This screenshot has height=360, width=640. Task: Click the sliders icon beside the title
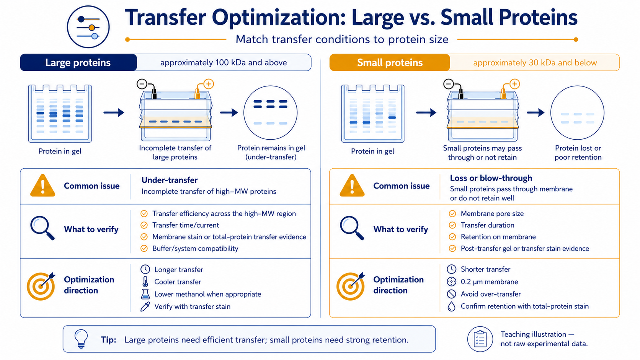(x=88, y=27)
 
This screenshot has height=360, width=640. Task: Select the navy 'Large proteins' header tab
(x=78, y=62)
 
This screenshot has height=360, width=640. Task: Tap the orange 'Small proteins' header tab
(x=389, y=62)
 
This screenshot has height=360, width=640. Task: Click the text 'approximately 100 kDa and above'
(x=224, y=62)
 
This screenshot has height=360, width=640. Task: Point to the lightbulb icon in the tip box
(x=81, y=339)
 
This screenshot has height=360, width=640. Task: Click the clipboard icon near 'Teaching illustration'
(x=480, y=339)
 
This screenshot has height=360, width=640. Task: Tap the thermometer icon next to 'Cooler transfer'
(x=145, y=282)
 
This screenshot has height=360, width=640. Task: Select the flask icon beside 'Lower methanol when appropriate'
(x=145, y=294)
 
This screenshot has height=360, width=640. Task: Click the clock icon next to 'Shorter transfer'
(x=451, y=269)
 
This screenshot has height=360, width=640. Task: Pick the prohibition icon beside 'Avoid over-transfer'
(x=451, y=294)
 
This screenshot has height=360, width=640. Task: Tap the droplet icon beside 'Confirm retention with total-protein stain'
(x=451, y=306)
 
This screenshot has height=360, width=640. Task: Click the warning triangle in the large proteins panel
(x=42, y=186)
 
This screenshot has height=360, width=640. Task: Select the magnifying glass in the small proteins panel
(x=352, y=228)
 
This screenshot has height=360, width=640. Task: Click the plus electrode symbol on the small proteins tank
(x=514, y=84)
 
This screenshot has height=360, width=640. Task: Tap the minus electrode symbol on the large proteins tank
(x=142, y=84)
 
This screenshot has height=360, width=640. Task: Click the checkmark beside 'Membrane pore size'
(x=452, y=214)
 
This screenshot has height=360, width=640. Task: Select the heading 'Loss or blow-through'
(x=491, y=178)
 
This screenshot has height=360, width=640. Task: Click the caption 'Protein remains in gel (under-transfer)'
(x=271, y=152)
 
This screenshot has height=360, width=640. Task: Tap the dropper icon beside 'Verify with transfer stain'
(x=145, y=306)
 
